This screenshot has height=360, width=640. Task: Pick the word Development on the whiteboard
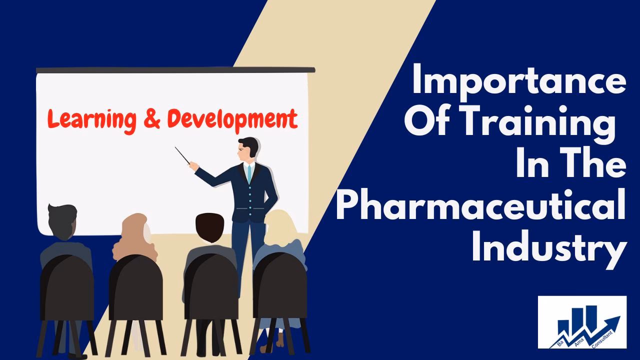coord(232,118)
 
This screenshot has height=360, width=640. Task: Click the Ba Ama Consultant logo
coord(582,322)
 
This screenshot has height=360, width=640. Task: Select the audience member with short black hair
coord(208,231)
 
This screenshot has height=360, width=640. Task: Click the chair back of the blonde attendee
coord(280,290)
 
